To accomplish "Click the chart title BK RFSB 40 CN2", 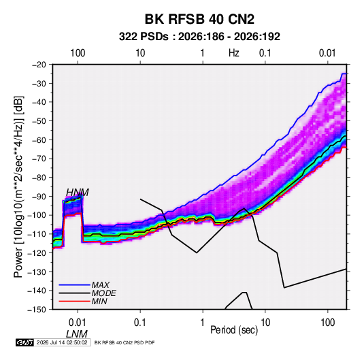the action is [199, 19].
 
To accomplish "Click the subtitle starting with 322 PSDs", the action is [199, 37].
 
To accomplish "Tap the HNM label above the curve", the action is [78, 193].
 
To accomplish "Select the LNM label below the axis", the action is [77, 334].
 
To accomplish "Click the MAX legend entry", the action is [100, 285].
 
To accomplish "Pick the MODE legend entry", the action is [104, 293].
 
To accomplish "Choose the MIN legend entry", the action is [99, 301].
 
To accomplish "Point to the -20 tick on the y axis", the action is [39, 65].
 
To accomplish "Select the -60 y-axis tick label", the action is [39, 140].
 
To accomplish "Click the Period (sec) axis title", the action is [234, 330].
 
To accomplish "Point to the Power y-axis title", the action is [18, 186].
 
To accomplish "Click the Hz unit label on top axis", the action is [234, 53].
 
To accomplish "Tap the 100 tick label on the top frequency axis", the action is [78, 53].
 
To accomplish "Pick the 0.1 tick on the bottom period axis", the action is [140, 323].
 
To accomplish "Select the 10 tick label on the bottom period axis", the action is [265, 323].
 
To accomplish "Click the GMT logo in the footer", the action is [24, 342].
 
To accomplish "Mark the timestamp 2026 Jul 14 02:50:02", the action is [62, 342].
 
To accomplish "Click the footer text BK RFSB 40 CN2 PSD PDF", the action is [125, 342].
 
